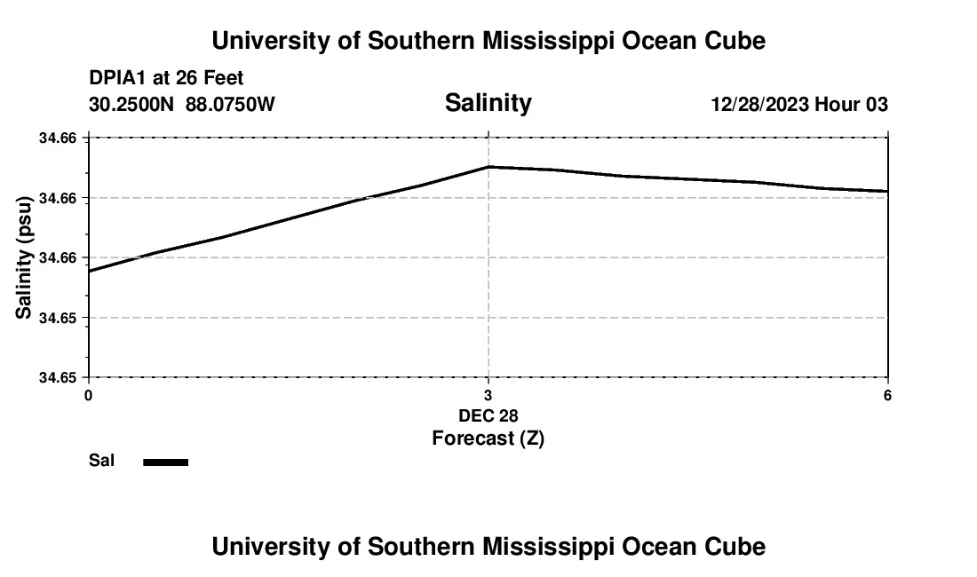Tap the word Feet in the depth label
click(x=221, y=79)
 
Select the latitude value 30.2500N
click(x=131, y=105)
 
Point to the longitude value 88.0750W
click(x=230, y=105)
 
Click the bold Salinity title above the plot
click(x=488, y=103)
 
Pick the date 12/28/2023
click(x=759, y=105)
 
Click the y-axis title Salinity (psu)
click(x=25, y=257)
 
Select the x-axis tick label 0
click(x=88, y=396)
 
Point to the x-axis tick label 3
click(x=488, y=396)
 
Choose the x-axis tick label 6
click(x=887, y=396)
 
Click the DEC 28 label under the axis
click(x=488, y=415)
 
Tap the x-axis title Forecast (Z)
click(x=488, y=439)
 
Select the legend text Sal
click(x=101, y=461)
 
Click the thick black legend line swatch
click(x=166, y=462)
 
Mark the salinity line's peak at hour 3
click(x=488, y=166)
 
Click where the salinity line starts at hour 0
click(x=89, y=271)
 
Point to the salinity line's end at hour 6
click(x=887, y=191)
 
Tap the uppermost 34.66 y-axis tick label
click(x=58, y=138)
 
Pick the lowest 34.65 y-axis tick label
click(x=58, y=377)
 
